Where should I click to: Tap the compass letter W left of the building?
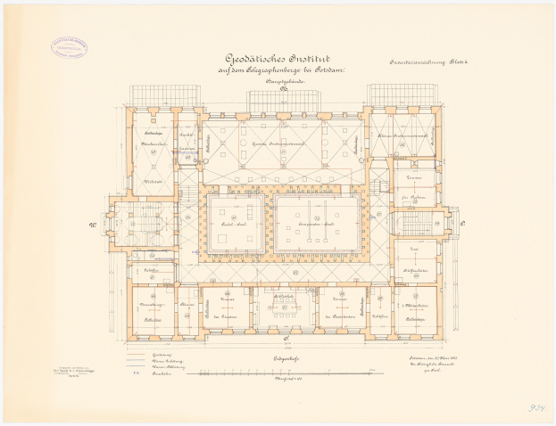point(92,225)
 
